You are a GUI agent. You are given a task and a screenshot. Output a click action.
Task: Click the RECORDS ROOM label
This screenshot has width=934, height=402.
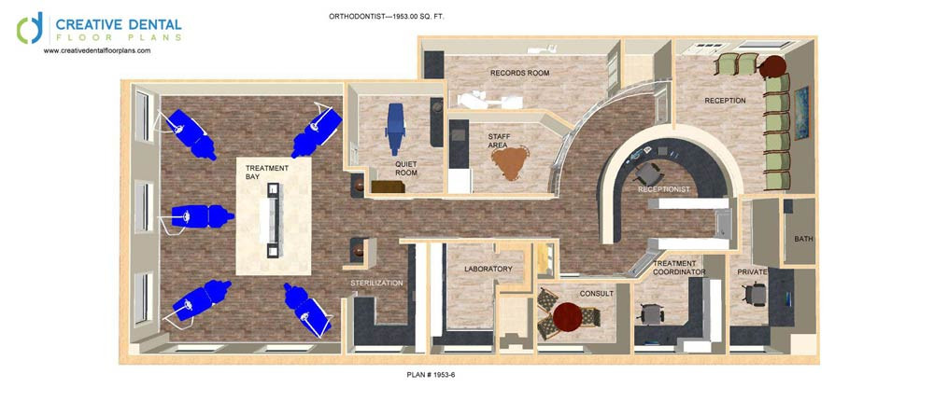tap(519, 73)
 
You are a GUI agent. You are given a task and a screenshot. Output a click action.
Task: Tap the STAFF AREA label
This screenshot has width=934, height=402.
tap(498, 140)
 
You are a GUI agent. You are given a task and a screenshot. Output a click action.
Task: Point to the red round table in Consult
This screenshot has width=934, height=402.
tap(567, 317)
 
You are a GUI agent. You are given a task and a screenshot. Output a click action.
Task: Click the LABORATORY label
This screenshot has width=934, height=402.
tap(488, 269)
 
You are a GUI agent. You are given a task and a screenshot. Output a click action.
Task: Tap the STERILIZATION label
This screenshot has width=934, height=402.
tap(376, 283)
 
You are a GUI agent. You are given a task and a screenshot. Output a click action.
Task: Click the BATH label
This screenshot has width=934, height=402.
tap(803, 239)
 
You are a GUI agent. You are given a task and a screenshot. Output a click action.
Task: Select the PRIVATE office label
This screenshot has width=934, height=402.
tap(752, 271)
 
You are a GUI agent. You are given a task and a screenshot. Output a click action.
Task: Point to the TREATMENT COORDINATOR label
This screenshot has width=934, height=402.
tap(678, 268)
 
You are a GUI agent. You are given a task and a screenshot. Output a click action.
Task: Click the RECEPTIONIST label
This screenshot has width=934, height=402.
tap(663, 189)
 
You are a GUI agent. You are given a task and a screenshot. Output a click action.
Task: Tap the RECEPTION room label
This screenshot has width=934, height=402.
tap(725, 101)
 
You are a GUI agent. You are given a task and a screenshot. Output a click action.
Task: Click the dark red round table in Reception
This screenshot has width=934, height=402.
tap(772, 66)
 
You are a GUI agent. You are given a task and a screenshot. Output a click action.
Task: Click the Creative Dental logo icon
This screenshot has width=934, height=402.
tap(30, 29)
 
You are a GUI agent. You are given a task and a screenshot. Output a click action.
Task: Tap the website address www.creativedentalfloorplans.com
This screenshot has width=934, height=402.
tap(96, 51)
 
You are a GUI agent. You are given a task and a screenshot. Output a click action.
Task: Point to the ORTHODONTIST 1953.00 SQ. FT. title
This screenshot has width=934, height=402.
tap(388, 17)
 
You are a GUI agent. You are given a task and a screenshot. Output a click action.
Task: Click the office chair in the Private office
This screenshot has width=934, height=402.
tap(756, 295)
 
